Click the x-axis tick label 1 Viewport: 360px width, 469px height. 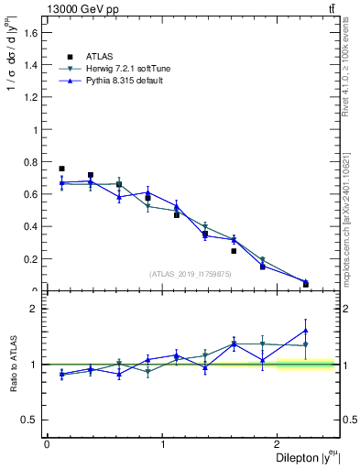pyautogui.click(x=162, y=444)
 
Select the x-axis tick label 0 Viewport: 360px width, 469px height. pyautogui.click(x=47, y=444)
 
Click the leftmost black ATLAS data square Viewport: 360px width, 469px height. pyautogui.click(x=61, y=169)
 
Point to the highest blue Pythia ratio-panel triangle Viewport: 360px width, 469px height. pyautogui.click(x=305, y=330)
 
